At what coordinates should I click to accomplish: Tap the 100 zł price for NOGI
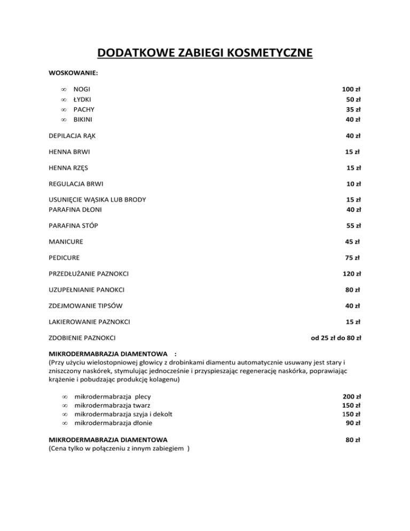pos(352,90)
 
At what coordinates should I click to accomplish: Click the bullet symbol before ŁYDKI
pos(63,100)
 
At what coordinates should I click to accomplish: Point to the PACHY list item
pos(84,110)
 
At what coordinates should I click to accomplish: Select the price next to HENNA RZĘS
pos(353,168)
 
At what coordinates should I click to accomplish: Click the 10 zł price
pos(353,184)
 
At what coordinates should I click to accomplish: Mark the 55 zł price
pos(353,225)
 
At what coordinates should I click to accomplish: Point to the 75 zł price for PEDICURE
pos(353,258)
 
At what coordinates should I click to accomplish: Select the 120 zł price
pos(352,274)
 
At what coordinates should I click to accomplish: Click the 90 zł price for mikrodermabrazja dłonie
pos(354,423)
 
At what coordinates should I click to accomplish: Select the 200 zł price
pos(352,397)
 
